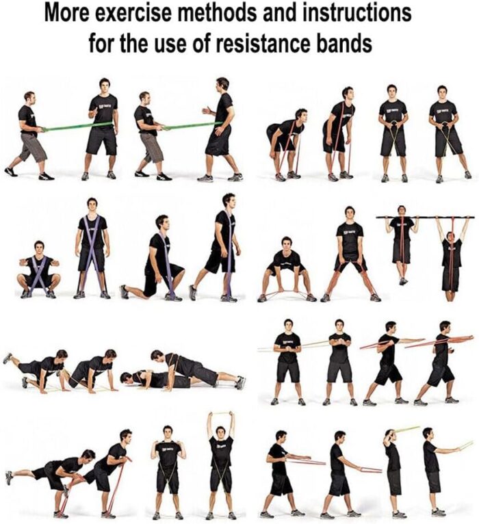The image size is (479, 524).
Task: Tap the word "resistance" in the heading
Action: [263, 43]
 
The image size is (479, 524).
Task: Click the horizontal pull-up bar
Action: [425, 218]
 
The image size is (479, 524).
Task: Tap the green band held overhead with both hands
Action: [220, 413]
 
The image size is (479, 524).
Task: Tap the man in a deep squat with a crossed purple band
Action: [39, 270]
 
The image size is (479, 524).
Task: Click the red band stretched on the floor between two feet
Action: [286, 293]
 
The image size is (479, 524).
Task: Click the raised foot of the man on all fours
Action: [8, 358]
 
